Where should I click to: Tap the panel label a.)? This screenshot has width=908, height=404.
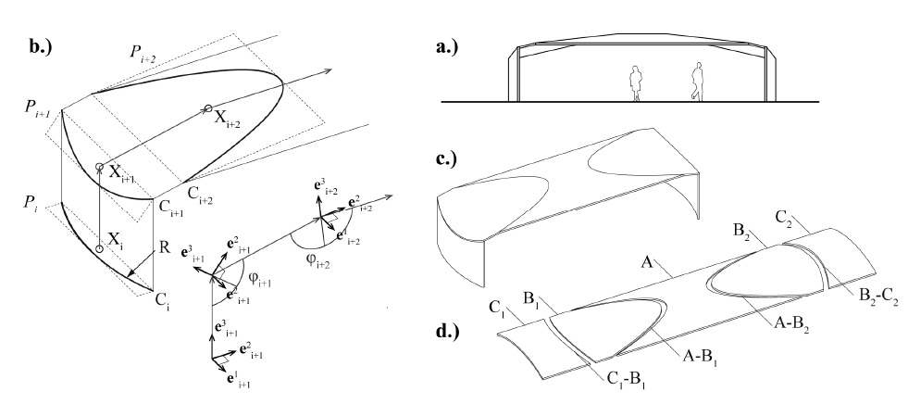447,46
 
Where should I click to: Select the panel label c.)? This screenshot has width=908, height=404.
446,158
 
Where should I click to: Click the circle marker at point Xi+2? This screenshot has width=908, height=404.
207,108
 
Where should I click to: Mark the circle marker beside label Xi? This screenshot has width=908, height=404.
99,248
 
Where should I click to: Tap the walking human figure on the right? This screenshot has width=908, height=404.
697,82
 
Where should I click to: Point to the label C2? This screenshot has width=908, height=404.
785,218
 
